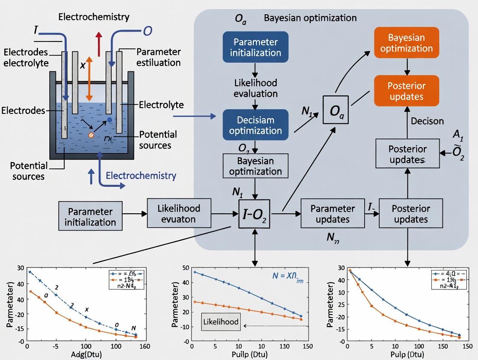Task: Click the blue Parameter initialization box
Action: click(255, 48)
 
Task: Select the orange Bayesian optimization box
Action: click(407, 43)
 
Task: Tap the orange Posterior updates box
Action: click(407, 91)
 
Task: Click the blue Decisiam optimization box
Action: click(255, 125)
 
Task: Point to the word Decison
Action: click(426, 121)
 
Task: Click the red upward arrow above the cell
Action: click(99, 44)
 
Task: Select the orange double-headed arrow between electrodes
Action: click(89, 79)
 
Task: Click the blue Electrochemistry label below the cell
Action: click(141, 176)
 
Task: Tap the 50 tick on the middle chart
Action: click(186, 268)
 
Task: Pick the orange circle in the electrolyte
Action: click(91, 135)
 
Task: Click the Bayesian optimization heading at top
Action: click(310, 18)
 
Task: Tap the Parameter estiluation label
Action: click(158, 57)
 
